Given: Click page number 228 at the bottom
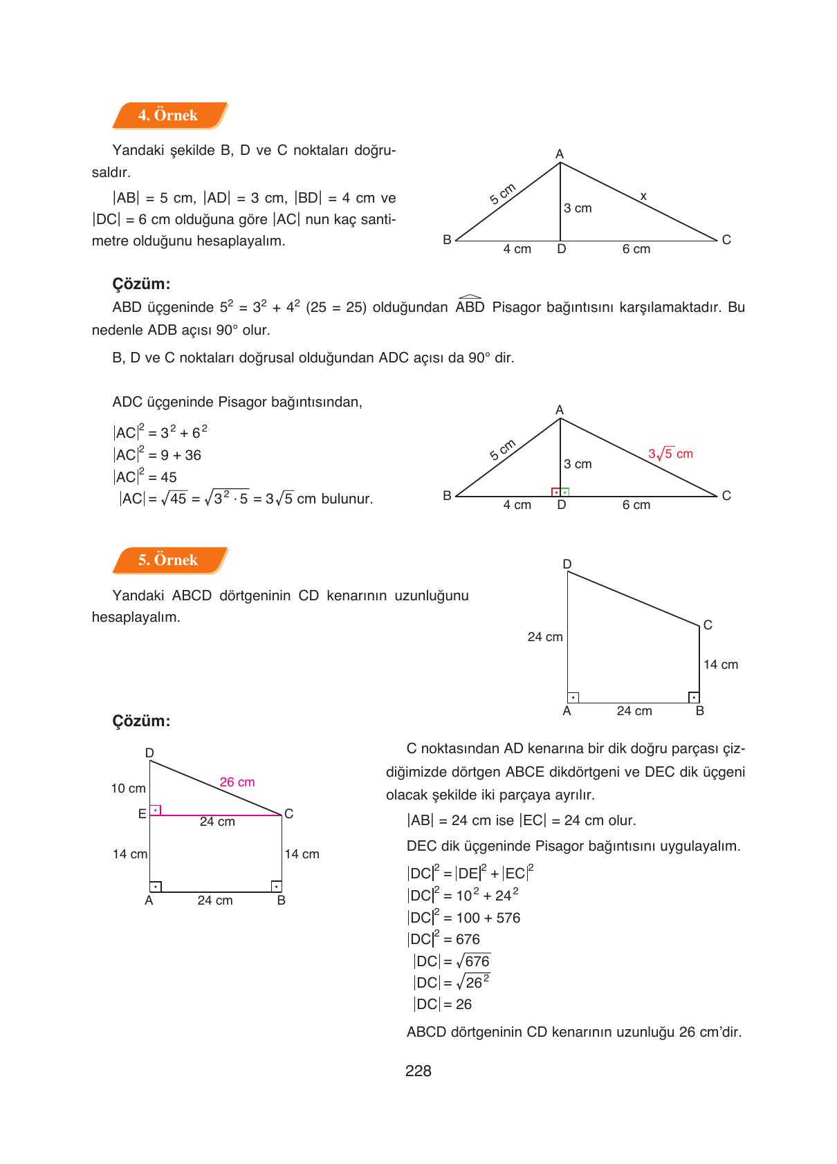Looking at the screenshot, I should tap(418, 1071).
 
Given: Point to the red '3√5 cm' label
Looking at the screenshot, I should tap(670, 454).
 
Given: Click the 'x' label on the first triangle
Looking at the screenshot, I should tap(643, 197).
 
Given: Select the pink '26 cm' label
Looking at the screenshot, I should tap(237, 782).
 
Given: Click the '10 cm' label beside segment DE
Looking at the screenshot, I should tap(128, 788).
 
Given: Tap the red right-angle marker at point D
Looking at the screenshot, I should tap(555, 492).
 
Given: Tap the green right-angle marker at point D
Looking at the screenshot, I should tap(564, 492).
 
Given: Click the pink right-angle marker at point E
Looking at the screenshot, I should tap(156, 810).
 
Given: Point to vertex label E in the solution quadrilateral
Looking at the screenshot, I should tap(142, 814).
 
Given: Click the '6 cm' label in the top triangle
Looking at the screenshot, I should tap(636, 249).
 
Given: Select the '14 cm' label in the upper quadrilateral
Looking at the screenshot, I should tap(720, 665).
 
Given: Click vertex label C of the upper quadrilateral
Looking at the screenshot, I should tap(708, 625).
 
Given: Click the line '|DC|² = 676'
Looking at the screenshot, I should tap(443, 939).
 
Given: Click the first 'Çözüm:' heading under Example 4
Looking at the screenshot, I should tap(141, 284).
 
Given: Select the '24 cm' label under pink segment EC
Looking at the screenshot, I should tap(217, 822).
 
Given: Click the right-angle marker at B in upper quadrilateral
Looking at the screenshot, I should tap(694, 697).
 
